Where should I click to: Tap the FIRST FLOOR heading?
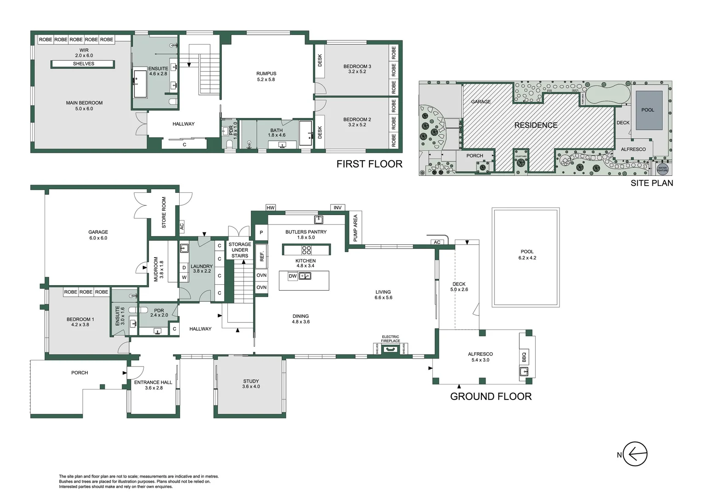coord(369,164)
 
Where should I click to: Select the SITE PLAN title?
coord(651,183)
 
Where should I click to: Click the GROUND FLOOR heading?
coord(491,396)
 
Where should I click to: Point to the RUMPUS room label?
coord(266,76)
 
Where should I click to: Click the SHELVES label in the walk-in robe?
coord(83,64)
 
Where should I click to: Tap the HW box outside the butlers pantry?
coord(271,208)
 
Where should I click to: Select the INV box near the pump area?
coord(338,208)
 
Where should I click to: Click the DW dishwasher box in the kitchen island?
coord(293,276)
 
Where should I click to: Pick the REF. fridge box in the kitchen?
coord(262,256)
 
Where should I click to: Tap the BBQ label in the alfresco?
coord(524,356)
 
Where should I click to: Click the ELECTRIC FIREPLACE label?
coord(390,339)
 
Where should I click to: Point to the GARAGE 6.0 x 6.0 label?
coord(98,235)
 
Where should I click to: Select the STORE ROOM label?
coord(164,212)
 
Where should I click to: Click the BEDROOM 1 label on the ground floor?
coord(80,321)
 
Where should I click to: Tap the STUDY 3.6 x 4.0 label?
coord(251,383)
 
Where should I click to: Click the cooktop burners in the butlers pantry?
coord(306,250)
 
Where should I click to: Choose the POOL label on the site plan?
coord(647,110)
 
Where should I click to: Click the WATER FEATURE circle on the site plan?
coord(662,169)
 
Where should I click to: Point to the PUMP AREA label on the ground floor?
coord(355,228)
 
